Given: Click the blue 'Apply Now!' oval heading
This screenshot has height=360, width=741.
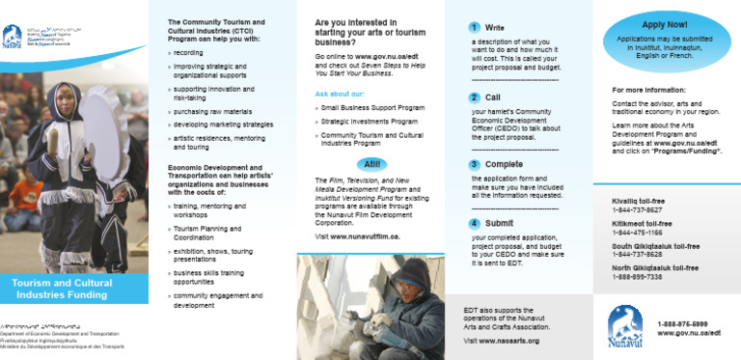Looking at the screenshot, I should point(664,24).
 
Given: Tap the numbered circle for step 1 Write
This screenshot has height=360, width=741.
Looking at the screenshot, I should point(475,27).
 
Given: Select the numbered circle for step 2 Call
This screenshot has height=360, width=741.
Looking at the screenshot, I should point(475,97).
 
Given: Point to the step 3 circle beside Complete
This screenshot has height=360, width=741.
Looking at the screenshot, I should point(475,165).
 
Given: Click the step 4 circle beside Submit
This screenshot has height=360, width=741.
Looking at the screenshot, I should point(475,223).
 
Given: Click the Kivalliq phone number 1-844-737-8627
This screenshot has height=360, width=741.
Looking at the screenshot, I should point(637,209).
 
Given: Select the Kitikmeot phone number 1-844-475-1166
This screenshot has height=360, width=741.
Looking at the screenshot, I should point(637,232).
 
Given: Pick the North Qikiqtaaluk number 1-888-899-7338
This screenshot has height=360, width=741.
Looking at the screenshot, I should point(637,276).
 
